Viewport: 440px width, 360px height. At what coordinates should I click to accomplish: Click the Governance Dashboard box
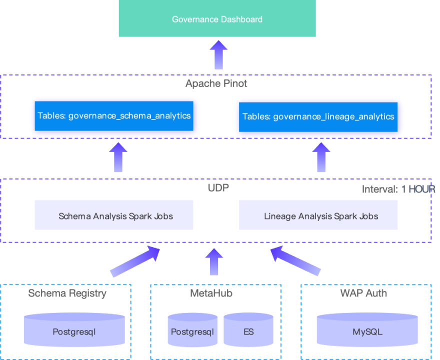[x=217, y=19]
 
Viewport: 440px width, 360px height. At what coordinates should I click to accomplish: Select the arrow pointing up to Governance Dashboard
[x=218, y=54]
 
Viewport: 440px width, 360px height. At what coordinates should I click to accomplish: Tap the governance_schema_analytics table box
[x=114, y=116]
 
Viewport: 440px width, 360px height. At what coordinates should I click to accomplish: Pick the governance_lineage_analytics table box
[x=318, y=116]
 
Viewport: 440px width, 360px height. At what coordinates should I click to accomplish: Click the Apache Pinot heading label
[x=216, y=83]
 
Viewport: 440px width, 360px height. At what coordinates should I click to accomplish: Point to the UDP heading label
[x=218, y=188]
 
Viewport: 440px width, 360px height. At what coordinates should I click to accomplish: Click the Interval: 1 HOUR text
[x=398, y=189]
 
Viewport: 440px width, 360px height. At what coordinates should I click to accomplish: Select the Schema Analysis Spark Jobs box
[x=114, y=215]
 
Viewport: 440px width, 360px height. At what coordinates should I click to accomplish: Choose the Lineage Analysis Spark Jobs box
[x=318, y=215]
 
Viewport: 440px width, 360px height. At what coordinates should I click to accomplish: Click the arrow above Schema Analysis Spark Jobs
[x=118, y=157]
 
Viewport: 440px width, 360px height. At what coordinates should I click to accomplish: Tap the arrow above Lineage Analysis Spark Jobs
[x=321, y=157]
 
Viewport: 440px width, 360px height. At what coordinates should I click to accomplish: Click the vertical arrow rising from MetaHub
[x=214, y=261]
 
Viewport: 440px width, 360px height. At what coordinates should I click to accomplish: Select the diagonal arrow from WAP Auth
[x=295, y=261]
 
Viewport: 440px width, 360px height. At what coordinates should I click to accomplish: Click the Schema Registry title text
[x=67, y=293]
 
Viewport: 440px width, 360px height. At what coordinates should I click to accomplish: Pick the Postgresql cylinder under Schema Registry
[x=74, y=330]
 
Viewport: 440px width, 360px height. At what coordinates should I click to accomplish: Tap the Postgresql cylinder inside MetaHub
[x=192, y=330]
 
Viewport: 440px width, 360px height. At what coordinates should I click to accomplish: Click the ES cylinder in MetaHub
[x=248, y=330]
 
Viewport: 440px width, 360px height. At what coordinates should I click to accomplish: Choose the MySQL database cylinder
[x=367, y=330]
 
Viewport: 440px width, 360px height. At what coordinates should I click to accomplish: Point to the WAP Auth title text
[x=363, y=293]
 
